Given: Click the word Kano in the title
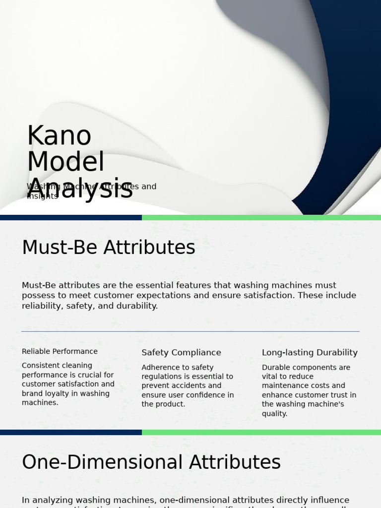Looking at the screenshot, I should [59, 136].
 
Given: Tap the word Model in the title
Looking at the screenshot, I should [65, 162].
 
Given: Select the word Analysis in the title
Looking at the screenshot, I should [80, 189].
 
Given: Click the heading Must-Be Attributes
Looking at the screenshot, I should [108, 248].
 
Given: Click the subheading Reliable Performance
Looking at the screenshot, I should [60, 351].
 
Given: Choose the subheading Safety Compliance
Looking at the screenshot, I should [181, 353].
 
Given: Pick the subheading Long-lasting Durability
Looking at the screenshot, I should [310, 353].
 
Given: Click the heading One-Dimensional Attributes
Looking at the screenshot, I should [151, 462].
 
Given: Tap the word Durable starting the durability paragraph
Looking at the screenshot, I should [276, 368].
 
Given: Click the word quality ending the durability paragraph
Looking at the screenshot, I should [274, 414].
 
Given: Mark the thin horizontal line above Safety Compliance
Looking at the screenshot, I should [190, 331].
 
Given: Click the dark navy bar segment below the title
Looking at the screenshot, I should [70, 218].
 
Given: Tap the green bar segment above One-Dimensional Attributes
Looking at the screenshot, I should [261, 433].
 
